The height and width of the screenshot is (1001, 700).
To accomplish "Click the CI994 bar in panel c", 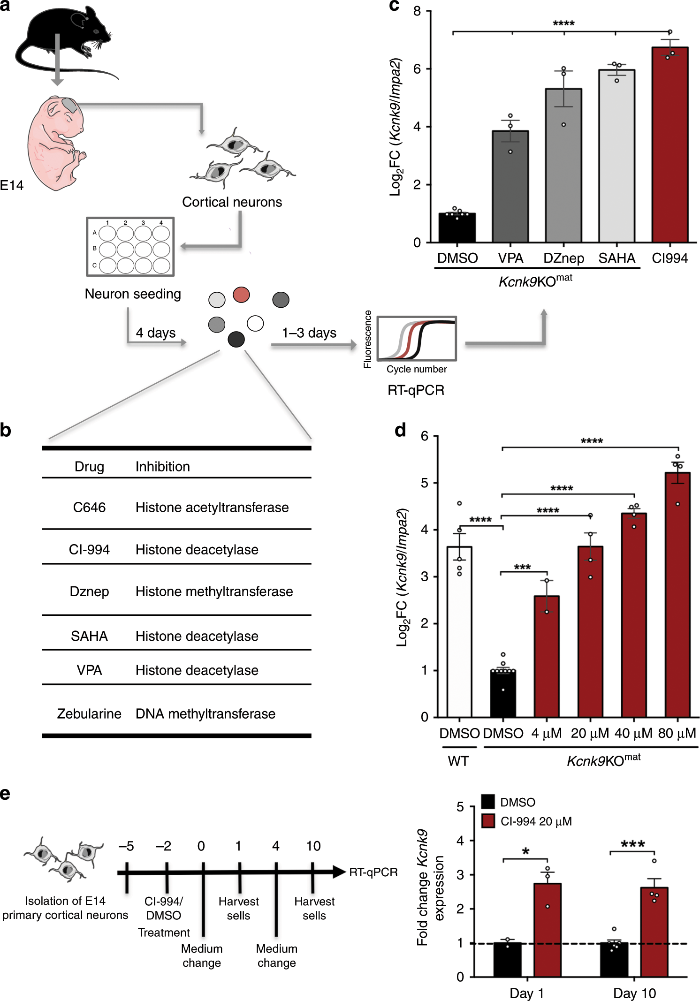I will tap(670, 145).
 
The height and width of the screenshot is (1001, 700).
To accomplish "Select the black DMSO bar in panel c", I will tap(457, 228).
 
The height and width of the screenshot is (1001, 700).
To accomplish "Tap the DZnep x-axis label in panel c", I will tap(563, 258).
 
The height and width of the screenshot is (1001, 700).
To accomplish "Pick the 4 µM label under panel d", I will tap(546, 733).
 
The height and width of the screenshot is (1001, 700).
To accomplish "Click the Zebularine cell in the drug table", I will tap(89, 713).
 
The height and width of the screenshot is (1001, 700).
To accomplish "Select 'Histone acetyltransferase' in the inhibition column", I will tap(212, 508).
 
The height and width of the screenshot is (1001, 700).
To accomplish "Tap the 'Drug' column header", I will tap(89, 467).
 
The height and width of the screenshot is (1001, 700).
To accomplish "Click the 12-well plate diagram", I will tap(130, 247).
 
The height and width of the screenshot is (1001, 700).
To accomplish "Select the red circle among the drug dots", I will tap(241, 295).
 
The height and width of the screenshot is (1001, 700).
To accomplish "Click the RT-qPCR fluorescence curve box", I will tap(417, 338).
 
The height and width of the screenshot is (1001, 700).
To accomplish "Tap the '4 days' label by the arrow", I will tap(155, 333).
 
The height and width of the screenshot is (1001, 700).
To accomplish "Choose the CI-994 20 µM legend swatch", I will tap(488, 821).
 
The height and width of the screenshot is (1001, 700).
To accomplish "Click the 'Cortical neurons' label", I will tap(232, 202).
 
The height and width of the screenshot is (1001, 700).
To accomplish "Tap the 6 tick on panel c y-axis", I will tap(417, 69).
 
